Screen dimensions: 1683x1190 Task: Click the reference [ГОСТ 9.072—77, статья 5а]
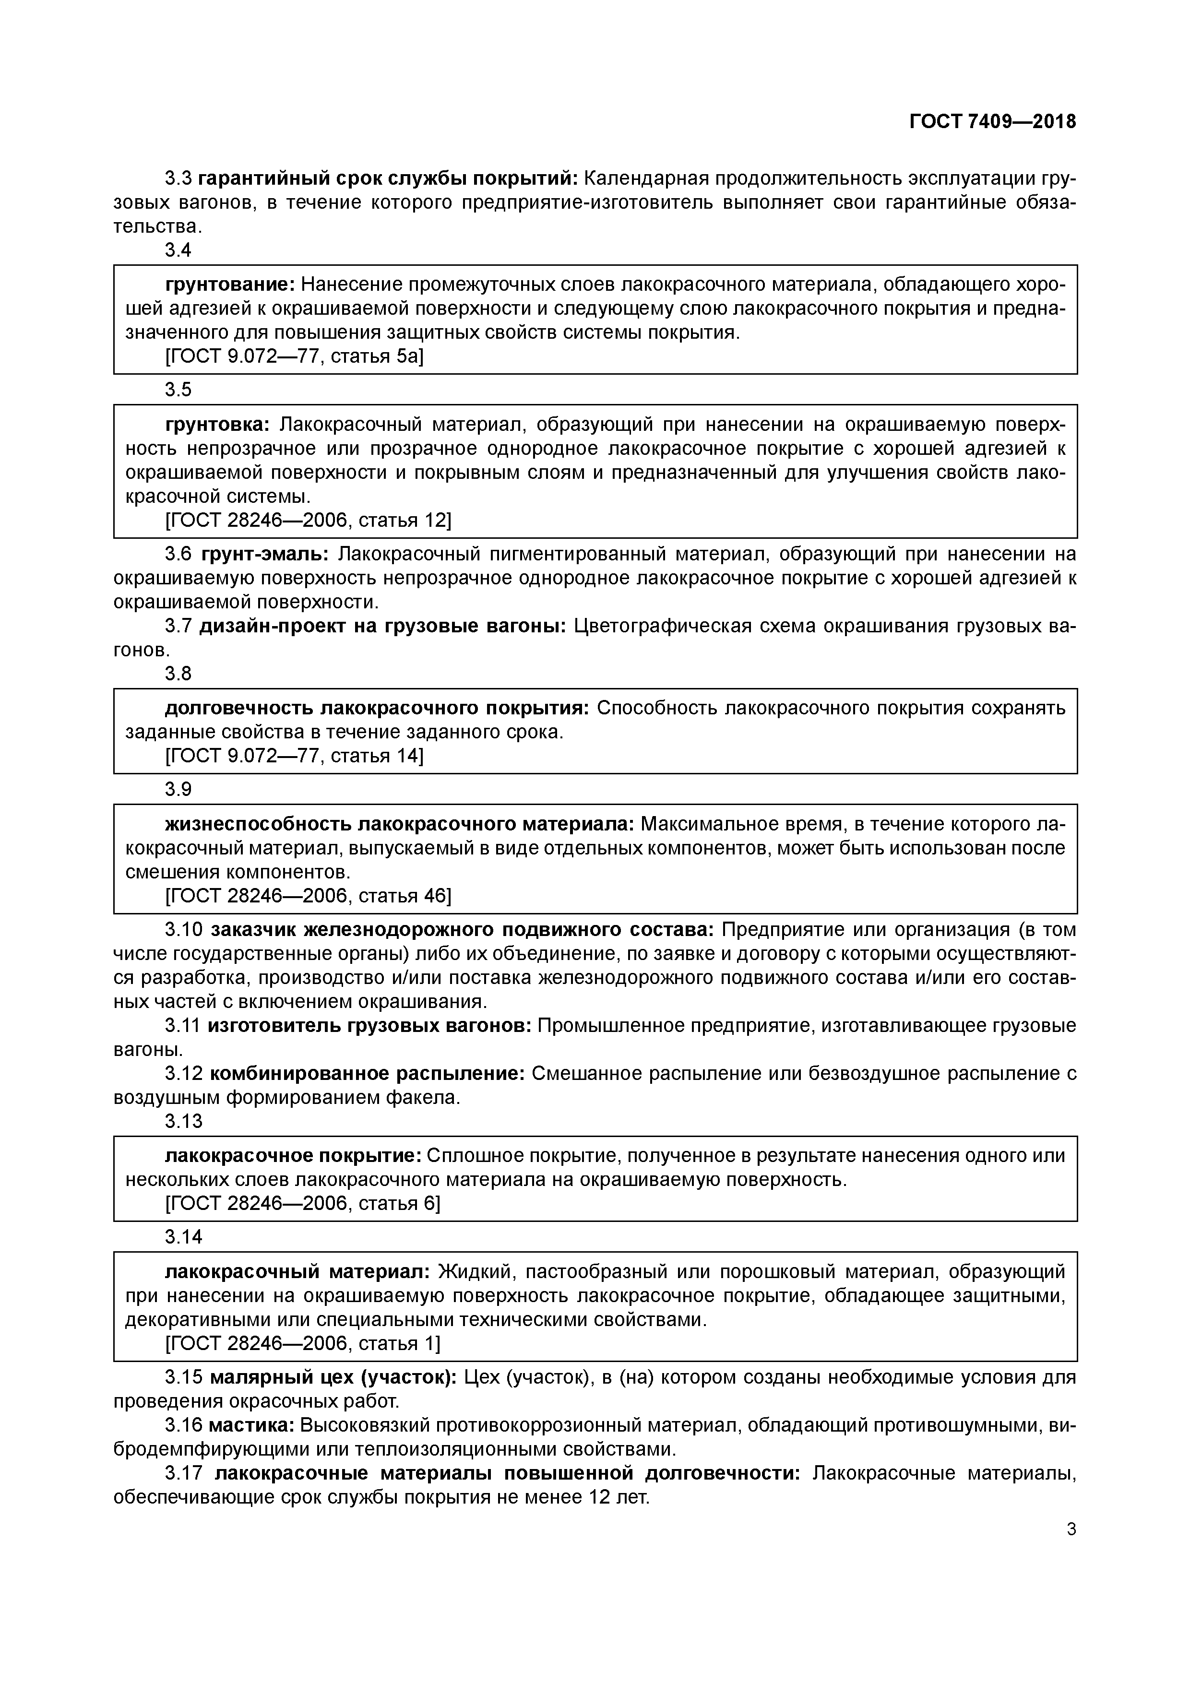[x=295, y=356]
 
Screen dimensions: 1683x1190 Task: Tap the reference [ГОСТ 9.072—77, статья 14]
[x=295, y=755]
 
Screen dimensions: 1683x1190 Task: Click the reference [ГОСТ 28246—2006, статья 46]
[x=308, y=895]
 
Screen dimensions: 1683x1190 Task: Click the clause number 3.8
[x=178, y=673]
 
